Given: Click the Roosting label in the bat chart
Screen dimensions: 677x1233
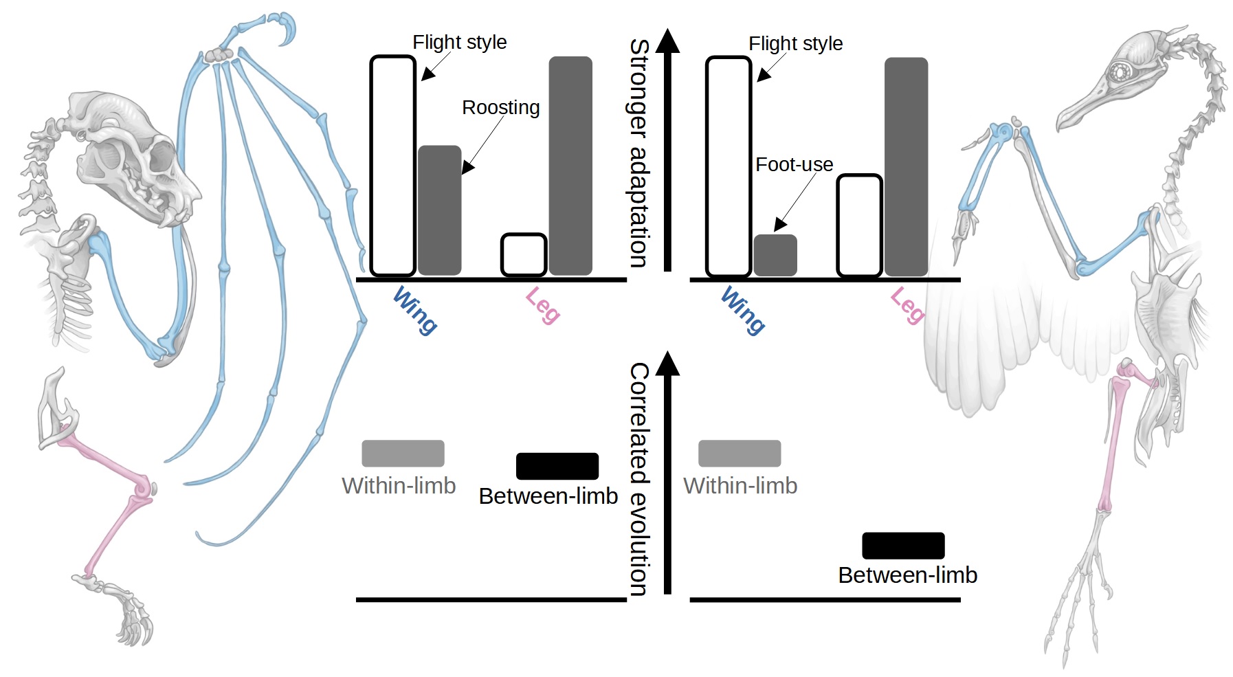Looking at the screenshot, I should pos(500,108).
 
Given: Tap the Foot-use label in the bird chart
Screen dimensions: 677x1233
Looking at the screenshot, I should pos(794,165).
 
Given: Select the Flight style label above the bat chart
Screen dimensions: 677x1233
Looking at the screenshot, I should pos(459,43).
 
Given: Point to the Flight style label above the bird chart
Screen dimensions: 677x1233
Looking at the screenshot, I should pos(795,44).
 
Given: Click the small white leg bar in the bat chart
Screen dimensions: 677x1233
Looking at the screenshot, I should pos(524,255).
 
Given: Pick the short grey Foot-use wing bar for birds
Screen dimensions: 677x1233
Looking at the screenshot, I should pos(775,255).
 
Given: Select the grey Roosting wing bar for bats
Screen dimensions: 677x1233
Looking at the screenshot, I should pos(439,210).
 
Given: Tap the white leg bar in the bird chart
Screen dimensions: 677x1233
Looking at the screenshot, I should pos(859,225).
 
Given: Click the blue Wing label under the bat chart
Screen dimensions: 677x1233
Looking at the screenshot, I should pos(415,311).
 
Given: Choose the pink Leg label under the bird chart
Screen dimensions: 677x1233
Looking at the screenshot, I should pos(908,306).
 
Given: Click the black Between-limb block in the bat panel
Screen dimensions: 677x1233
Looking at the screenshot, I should pos(557,466).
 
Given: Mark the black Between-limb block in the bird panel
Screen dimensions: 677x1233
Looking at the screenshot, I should pos(903,546).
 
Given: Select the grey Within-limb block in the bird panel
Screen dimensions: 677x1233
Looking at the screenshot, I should pos(740,454).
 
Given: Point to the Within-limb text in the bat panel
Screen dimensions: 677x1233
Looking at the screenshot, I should pos(399,486).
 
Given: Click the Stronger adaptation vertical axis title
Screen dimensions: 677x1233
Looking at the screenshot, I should pos(639,153).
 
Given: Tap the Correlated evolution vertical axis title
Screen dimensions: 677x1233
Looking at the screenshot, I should pos(639,479).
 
